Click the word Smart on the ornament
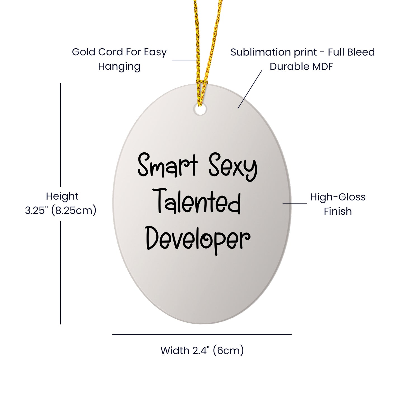point(167,165)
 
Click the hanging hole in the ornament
point(200,110)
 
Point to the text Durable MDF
point(301,67)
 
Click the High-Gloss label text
point(338,197)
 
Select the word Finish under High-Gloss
point(338,211)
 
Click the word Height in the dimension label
point(62,197)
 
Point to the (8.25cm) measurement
point(74,211)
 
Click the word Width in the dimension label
point(175,350)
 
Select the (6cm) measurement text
point(228,351)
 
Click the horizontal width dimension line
point(202,335)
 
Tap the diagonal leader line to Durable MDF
point(250,89)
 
